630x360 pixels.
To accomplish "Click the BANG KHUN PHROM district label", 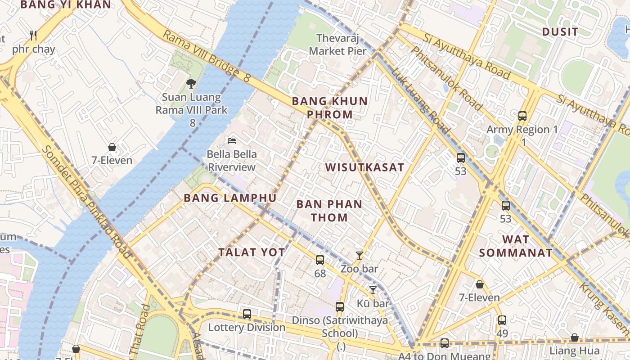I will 330,108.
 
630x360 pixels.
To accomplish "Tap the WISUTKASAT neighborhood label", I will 364,167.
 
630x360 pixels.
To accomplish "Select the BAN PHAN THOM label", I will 329,211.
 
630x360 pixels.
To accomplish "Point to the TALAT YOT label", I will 252,252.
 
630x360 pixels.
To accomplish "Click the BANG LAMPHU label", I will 230,198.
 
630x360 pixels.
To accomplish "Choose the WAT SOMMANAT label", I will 516,246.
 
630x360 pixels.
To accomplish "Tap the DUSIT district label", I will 560,31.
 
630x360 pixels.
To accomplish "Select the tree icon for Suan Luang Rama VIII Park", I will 191,83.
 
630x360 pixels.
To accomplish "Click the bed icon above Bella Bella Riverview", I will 232,141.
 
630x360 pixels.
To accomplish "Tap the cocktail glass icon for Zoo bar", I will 359,256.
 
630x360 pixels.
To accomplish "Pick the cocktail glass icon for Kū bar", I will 373,290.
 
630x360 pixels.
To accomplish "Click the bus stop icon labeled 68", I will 320,260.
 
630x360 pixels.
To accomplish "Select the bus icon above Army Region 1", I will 522,116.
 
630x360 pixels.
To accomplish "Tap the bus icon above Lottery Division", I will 247,314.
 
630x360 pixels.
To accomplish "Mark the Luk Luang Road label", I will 420,101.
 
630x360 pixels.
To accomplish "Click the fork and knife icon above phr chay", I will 33,35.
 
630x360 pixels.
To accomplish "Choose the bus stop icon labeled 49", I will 502,320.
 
